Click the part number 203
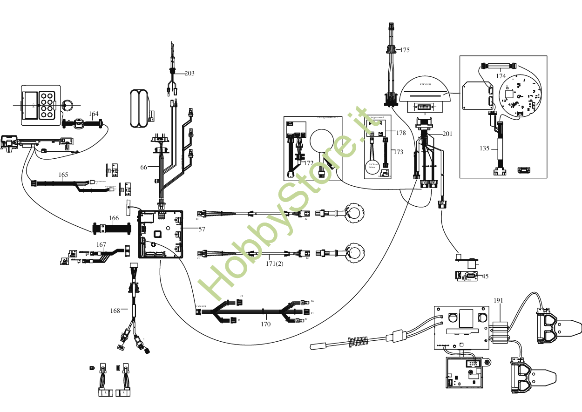[x=189, y=73]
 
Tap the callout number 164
[x=94, y=114]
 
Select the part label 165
[x=63, y=175]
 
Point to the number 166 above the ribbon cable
[x=114, y=218]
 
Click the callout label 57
[x=202, y=230]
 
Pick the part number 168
[x=115, y=310]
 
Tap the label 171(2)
[x=275, y=264]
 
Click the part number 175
[x=405, y=50]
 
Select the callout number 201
[x=447, y=134]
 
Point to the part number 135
[x=484, y=149]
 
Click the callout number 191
[x=499, y=301]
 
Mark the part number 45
[x=485, y=276]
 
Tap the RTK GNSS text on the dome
[x=426, y=85]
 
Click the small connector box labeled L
[x=106, y=393]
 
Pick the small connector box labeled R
[x=123, y=393]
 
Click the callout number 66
[x=144, y=167]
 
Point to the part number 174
[x=501, y=75]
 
